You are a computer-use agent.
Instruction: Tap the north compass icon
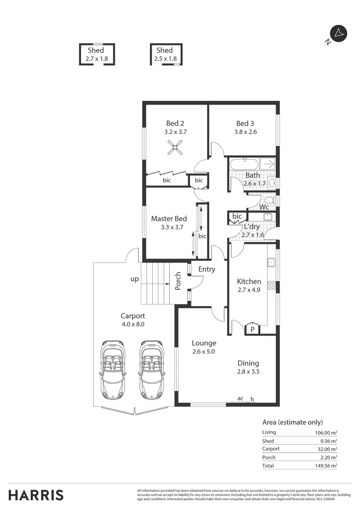click(339, 33)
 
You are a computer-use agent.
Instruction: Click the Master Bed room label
click(169, 219)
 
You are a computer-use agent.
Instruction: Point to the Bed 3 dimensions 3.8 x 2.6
click(245, 132)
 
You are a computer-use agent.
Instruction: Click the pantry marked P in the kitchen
click(252, 329)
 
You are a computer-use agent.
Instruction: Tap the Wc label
click(264, 207)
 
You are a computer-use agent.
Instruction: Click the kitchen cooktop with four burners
click(271, 285)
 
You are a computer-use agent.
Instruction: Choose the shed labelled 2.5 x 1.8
click(165, 54)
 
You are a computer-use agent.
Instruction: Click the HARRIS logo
click(36, 495)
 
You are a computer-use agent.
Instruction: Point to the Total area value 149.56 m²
click(327, 465)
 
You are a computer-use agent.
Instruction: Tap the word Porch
click(178, 281)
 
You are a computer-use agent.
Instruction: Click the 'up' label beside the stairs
click(135, 279)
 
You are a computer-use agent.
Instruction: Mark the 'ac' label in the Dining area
click(240, 398)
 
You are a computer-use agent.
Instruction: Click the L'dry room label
click(252, 226)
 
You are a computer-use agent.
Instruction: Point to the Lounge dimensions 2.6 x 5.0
click(204, 352)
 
